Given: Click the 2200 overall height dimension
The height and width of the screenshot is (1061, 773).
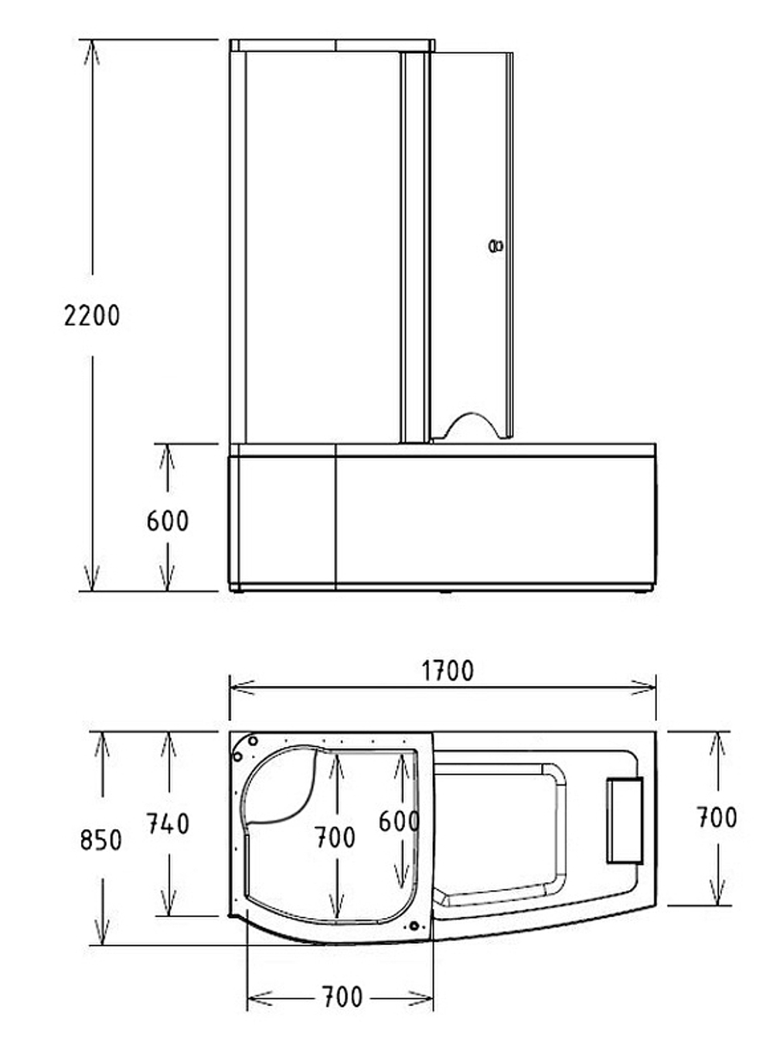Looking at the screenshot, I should [92, 316].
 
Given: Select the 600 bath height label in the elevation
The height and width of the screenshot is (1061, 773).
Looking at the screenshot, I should [167, 520].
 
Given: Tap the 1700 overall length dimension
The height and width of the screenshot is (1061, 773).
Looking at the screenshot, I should [448, 670].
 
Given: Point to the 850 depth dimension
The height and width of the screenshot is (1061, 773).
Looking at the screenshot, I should [101, 839].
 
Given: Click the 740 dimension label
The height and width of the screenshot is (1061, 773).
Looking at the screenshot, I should [168, 824].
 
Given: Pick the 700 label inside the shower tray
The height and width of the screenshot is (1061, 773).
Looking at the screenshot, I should [335, 837].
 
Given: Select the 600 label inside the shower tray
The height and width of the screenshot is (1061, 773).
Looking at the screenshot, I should [398, 821].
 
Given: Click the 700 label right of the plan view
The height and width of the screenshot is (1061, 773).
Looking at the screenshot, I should [716, 817].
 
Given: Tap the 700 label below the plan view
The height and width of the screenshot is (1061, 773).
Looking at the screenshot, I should [341, 998].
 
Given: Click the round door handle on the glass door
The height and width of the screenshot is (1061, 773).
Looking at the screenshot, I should [495, 247].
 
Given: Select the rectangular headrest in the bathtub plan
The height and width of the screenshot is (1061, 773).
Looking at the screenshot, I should [625, 820].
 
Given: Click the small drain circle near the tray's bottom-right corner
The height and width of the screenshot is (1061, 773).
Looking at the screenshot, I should [415, 926].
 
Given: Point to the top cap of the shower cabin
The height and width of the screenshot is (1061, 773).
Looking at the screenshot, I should [332, 46].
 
